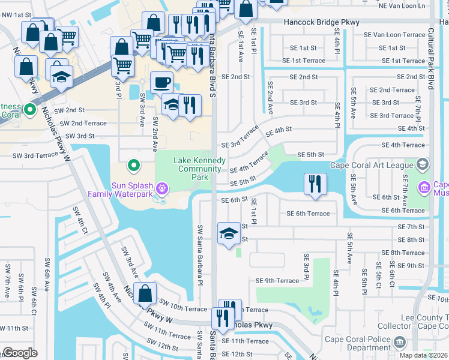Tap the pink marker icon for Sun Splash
tap(161, 189)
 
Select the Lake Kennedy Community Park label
tap(199, 169)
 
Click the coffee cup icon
tap(161, 82)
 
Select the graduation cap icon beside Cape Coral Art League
tap(422, 164)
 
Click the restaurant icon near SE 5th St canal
tap(315, 184)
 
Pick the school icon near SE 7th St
tap(228, 234)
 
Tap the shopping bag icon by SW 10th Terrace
tap(145, 295)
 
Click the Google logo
tap(20, 353)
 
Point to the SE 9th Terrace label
tap(277, 280)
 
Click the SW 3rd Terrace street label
tap(35, 155)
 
